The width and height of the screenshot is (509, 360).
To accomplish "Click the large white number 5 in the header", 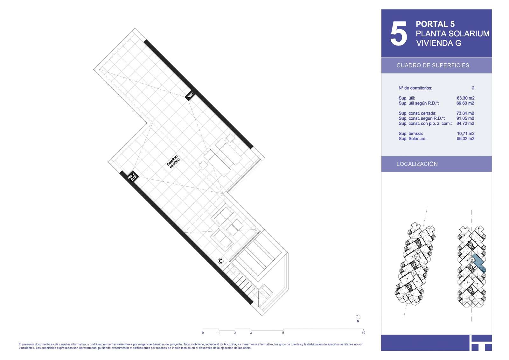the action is (x=399, y=33).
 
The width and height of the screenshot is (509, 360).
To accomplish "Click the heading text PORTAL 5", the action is (x=435, y=24).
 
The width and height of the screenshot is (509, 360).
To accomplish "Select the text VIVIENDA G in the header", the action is (x=439, y=43).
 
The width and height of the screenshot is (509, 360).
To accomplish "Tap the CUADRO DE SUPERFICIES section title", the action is (x=433, y=66).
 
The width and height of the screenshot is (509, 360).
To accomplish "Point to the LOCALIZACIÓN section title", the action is (x=417, y=164).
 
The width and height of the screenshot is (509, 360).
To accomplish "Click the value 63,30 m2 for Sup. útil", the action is (x=465, y=98).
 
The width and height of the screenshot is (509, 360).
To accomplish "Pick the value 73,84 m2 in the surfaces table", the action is (x=465, y=113).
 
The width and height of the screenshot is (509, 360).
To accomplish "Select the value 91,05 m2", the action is (x=465, y=118).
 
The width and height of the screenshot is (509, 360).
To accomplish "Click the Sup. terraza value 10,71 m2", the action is (x=465, y=133).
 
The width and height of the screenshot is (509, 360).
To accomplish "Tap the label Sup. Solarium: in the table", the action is (x=412, y=139).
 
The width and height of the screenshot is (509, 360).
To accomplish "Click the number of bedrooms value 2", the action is (x=473, y=88).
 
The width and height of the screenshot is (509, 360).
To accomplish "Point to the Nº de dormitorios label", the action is (x=415, y=88).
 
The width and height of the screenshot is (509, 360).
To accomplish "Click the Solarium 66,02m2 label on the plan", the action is (x=173, y=162).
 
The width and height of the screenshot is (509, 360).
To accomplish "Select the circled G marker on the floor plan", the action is (x=220, y=261).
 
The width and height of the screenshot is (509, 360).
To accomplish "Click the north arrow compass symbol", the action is (x=358, y=317).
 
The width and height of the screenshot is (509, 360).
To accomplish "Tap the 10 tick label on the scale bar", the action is (x=363, y=333).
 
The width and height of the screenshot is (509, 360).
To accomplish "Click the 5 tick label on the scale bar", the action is (x=283, y=333).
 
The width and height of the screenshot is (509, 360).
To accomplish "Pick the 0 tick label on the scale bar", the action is (x=203, y=333).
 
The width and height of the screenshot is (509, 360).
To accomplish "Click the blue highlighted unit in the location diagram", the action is (x=478, y=264).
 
